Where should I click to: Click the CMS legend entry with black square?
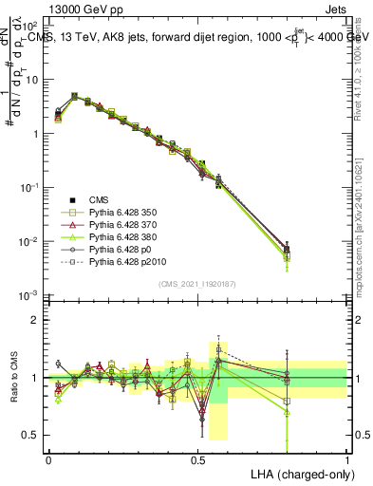100,198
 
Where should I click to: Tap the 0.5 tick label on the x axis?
197,458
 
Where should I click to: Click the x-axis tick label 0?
48,458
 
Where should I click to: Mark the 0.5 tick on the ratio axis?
30,435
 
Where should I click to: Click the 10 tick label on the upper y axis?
31,80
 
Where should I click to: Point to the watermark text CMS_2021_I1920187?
197,284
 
